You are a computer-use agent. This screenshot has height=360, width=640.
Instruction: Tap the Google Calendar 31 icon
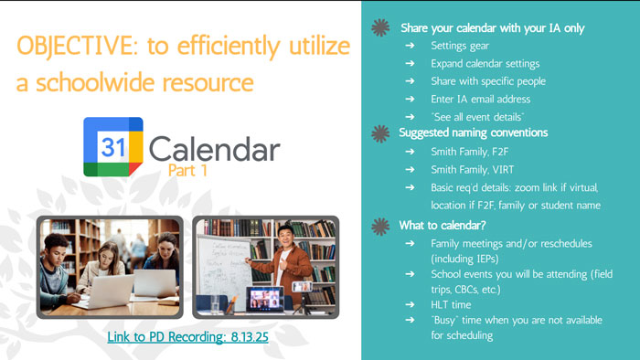(x=113, y=147)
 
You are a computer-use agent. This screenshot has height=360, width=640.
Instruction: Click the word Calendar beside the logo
(x=214, y=147)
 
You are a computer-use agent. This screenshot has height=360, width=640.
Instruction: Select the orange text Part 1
(x=189, y=169)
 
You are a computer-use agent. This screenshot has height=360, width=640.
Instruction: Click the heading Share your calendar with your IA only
(x=491, y=28)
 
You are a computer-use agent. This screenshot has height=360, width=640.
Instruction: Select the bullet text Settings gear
(x=463, y=47)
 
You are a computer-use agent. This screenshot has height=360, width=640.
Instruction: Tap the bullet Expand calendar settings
(x=485, y=64)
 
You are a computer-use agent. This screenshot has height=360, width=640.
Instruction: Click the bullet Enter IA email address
(x=480, y=99)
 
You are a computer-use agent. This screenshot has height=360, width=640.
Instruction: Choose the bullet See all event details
(x=477, y=116)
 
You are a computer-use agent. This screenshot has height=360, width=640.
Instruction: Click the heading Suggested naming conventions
(x=473, y=133)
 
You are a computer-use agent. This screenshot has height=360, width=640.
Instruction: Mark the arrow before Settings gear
(x=411, y=47)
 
